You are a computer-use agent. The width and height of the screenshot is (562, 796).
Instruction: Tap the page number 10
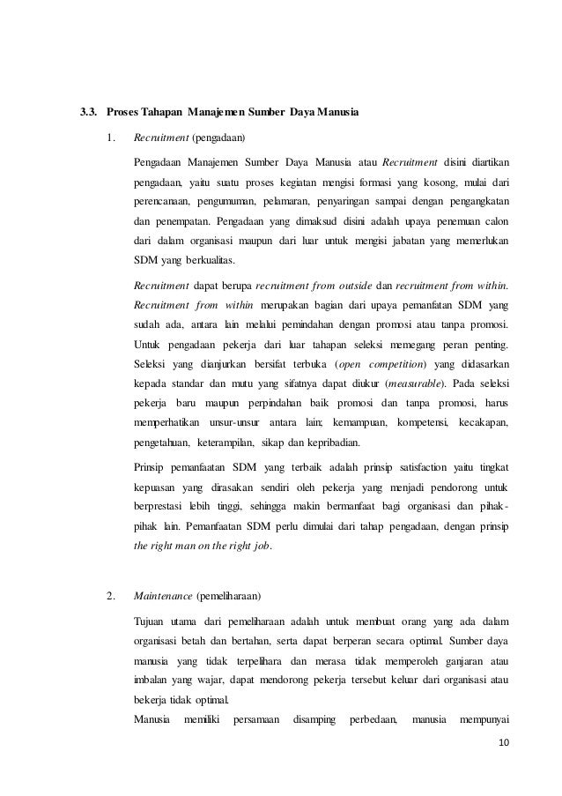(503, 751)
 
